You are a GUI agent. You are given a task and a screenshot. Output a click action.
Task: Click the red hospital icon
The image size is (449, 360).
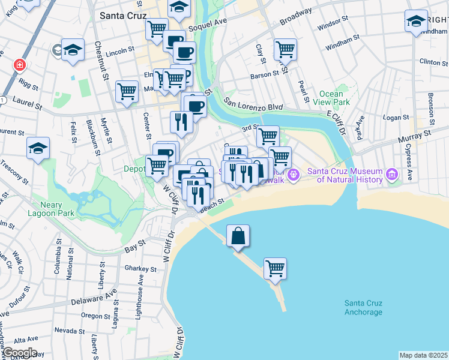click(20, 64)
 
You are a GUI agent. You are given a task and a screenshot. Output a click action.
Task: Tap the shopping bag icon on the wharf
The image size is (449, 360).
click(238, 236)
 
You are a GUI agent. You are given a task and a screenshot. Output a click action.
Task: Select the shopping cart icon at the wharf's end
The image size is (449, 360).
click(275, 268)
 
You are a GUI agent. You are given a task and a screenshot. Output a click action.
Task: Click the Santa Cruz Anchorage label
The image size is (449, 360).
click(363, 308)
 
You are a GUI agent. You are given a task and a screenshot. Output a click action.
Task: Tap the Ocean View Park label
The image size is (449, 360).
click(331, 98)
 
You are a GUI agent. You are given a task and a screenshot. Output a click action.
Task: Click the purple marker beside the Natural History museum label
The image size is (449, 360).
click(392, 175)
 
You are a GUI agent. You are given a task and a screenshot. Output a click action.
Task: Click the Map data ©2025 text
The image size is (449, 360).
click(423, 355)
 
